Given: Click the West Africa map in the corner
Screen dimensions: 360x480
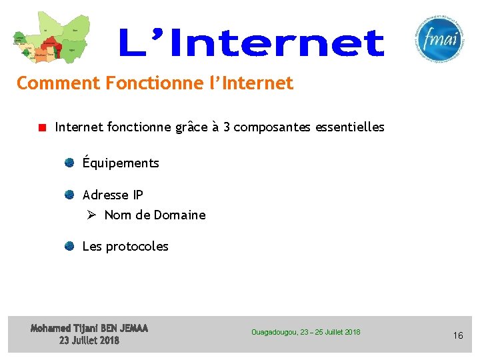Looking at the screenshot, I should coord(50,39).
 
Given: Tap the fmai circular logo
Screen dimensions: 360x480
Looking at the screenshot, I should coord(437,38).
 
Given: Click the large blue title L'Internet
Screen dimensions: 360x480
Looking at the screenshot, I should coord(251,43).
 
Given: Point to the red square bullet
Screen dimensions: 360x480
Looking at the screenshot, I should coord(42,127).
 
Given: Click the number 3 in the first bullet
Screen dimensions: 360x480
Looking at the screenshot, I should coord(227,127).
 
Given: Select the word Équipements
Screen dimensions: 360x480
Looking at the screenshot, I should coord(121,163).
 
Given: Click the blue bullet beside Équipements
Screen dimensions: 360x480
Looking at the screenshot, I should coord(69,162).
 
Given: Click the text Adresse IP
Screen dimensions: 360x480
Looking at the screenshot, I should coord(113,195).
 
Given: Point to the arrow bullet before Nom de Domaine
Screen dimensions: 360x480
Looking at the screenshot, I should coord(92,215).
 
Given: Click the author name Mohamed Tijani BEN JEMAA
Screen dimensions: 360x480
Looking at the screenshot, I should coord(89,328).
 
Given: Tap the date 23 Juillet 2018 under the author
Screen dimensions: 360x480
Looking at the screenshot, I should coord(89,340).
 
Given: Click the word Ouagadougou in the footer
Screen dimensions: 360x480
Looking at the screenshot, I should coord(274,332).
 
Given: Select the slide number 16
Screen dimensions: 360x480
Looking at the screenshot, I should coord(458,335).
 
